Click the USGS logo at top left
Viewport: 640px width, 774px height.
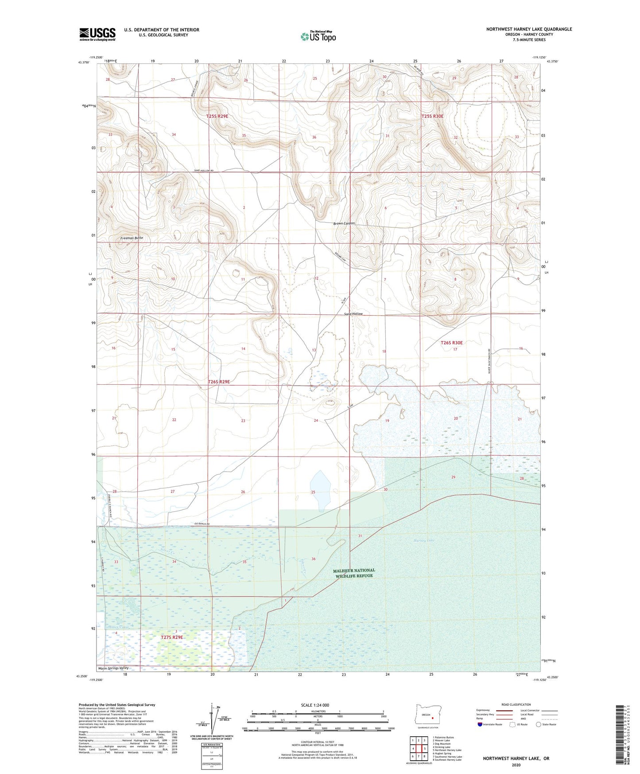(x=97, y=34)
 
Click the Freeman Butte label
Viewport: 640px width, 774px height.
(x=132, y=238)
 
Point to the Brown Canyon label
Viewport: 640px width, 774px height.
(x=344, y=223)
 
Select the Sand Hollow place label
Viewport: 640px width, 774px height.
(x=353, y=314)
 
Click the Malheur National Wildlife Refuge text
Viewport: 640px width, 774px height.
(x=354, y=573)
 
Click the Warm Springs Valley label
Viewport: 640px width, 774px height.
(x=114, y=668)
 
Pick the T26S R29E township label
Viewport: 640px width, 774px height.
(x=219, y=381)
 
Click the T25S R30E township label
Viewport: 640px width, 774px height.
(x=432, y=116)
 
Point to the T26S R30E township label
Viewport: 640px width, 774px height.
(x=451, y=343)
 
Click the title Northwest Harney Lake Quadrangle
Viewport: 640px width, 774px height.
(x=529, y=29)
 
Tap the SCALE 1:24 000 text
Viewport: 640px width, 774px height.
(x=318, y=705)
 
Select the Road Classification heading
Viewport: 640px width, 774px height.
(x=516, y=704)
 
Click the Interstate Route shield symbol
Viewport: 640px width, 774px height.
(x=481, y=724)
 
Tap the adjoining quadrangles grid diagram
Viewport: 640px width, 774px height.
(x=419, y=749)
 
